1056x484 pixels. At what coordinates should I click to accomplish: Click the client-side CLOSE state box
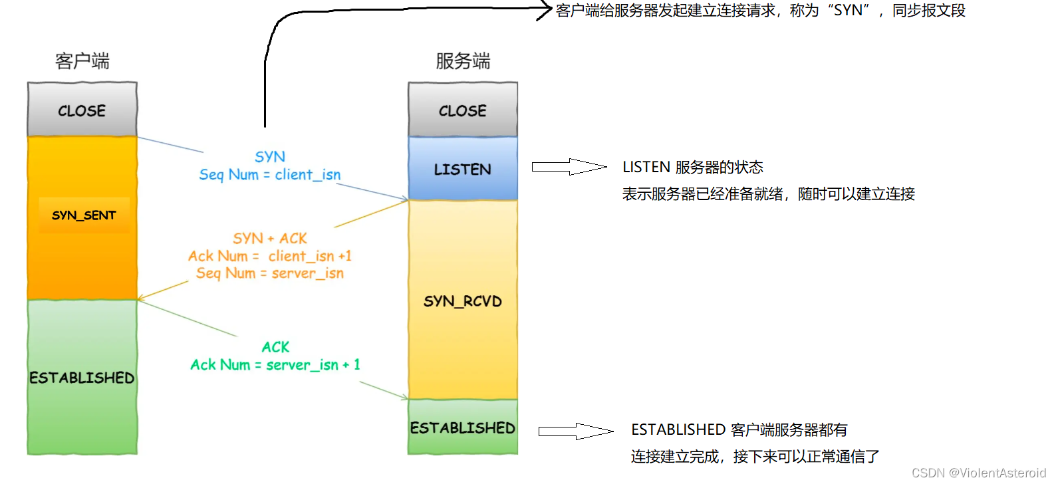tap(82, 110)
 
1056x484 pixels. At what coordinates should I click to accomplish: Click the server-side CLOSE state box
tap(462, 110)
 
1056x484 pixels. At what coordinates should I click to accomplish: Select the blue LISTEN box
tap(462, 169)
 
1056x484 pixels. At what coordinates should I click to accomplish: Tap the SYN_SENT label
tap(84, 215)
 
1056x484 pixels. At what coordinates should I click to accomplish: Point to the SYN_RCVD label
tap(462, 301)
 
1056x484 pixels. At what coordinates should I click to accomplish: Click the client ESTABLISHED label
tap(82, 378)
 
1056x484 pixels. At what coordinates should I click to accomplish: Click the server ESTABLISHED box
tap(462, 427)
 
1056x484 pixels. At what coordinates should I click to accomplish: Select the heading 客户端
tap(82, 61)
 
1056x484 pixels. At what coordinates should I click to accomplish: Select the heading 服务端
tap(463, 61)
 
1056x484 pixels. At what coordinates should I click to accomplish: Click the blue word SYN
tap(270, 157)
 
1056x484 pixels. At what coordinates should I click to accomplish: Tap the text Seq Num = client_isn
tap(270, 175)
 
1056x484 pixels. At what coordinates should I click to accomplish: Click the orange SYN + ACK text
tap(270, 238)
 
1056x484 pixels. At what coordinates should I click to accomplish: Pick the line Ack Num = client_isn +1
tap(270, 256)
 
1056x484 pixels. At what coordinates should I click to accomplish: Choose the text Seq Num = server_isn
tap(270, 273)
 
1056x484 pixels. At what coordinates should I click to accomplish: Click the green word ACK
tap(275, 347)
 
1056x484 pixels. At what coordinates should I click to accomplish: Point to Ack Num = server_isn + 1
tap(275, 364)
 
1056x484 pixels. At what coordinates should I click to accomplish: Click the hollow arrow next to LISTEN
tap(569, 167)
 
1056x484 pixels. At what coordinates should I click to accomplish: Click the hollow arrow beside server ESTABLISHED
tap(576, 431)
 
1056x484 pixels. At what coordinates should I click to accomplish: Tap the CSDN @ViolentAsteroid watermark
tap(978, 473)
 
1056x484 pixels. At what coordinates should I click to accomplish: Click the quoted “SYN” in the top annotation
tap(849, 11)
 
